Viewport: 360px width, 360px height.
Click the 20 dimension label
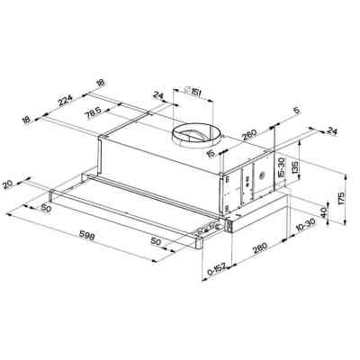click(x=9, y=184)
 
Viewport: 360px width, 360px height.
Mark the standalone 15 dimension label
click(x=209, y=156)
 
